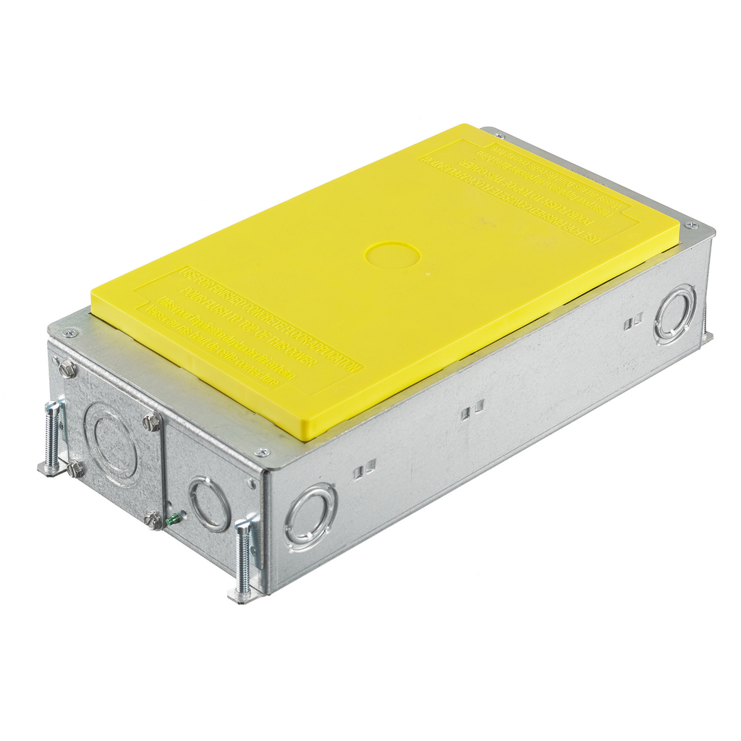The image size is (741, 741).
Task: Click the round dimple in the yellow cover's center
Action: click(x=392, y=255)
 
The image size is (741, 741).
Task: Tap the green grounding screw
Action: click(x=172, y=518)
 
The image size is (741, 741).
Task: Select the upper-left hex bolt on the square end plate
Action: click(x=68, y=370)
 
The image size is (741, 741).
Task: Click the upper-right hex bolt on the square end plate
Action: click(x=151, y=422)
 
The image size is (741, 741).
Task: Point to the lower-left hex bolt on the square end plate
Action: click(x=75, y=469)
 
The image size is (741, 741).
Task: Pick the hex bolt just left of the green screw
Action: click(x=153, y=520)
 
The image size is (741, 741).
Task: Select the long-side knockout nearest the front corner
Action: click(x=310, y=517)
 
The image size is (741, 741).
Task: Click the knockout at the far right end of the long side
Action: click(x=674, y=313)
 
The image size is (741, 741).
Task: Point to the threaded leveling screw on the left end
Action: click(x=53, y=437)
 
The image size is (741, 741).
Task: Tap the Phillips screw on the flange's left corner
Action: click(x=69, y=333)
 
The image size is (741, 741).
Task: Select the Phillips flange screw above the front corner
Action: click(x=262, y=452)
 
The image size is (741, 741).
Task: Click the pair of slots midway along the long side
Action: click(x=473, y=410)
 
